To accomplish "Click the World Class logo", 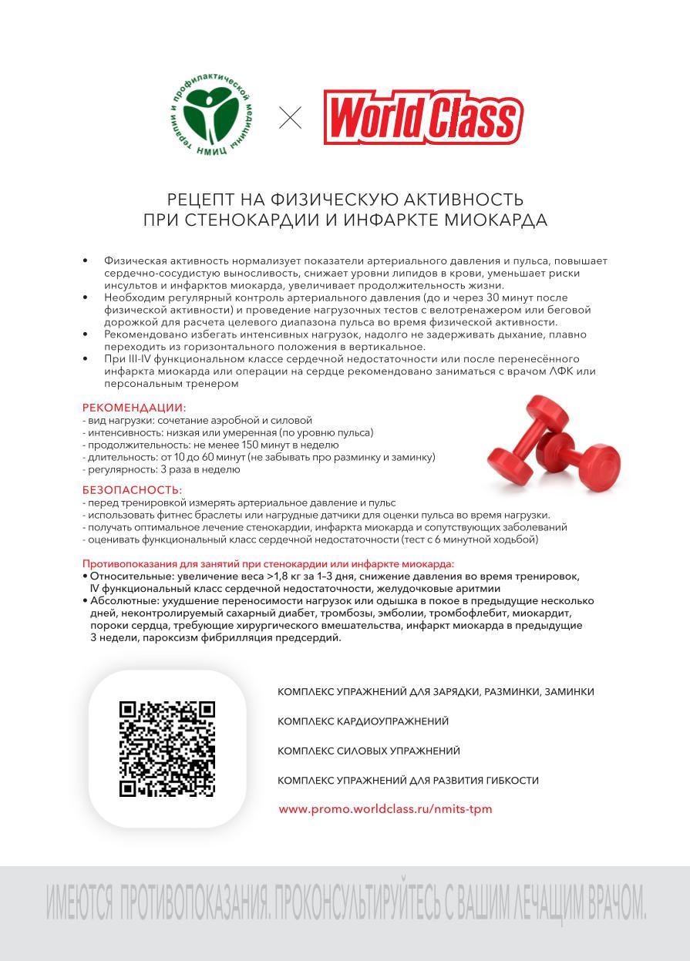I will pyautogui.click(x=422, y=118).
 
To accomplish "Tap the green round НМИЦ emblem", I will pyautogui.click(x=211, y=118).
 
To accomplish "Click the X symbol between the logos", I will pyautogui.click(x=290, y=118).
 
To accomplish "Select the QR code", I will pyautogui.click(x=167, y=748).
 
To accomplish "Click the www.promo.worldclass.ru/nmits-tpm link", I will pyautogui.click(x=385, y=809).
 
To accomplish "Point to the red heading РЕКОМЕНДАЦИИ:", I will pyautogui.click(x=134, y=408).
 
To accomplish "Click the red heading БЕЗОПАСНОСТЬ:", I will pyautogui.click(x=132, y=490).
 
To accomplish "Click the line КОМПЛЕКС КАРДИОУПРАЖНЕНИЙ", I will pyautogui.click(x=362, y=721).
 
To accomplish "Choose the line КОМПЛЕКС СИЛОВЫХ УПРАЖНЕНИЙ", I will pyautogui.click(x=369, y=751).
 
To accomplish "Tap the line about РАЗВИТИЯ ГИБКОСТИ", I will pyautogui.click(x=408, y=781).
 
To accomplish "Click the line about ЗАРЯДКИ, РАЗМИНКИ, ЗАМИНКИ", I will pyautogui.click(x=436, y=692).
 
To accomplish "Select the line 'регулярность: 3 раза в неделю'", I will pyautogui.click(x=163, y=469).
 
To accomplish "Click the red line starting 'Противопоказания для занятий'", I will pyautogui.click(x=268, y=563).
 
